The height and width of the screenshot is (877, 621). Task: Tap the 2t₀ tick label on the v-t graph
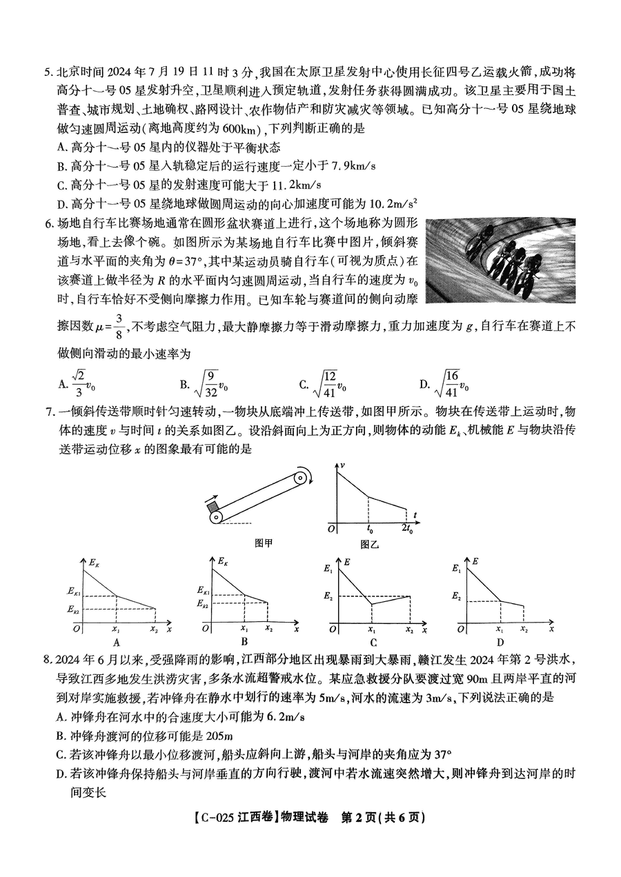(x=407, y=529)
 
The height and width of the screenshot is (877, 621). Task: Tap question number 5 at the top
(x=47, y=71)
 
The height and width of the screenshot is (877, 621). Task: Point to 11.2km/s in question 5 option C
(x=295, y=184)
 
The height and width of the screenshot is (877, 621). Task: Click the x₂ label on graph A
(x=154, y=629)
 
